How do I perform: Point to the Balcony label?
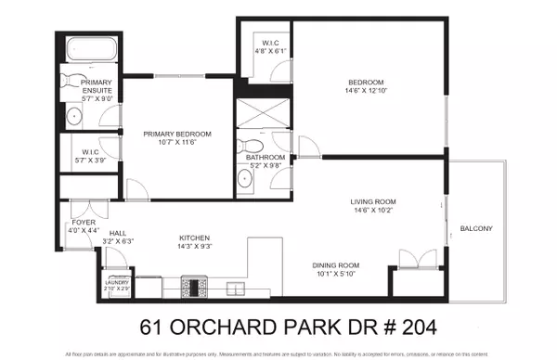(x=474, y=229)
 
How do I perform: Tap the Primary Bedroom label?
(x=176, y=135)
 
